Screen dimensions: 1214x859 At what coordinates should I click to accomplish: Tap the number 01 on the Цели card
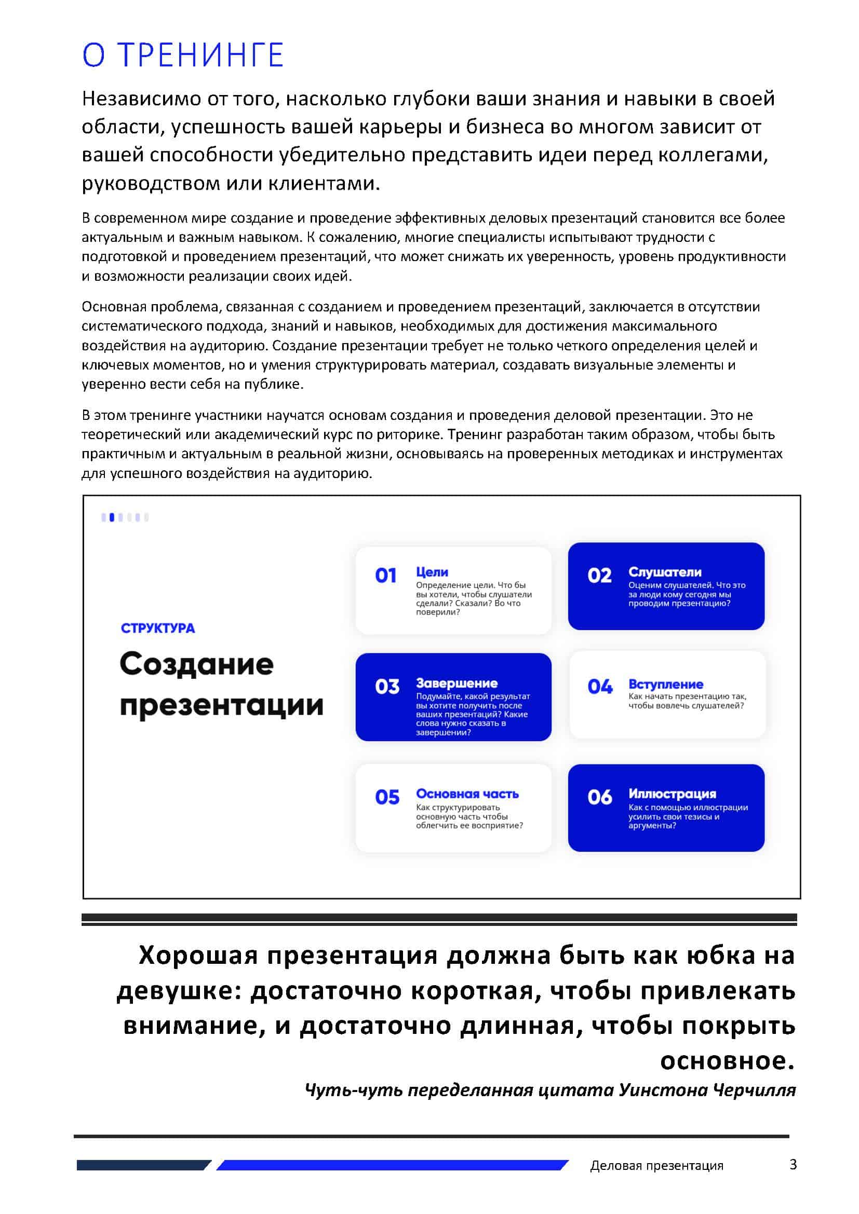point(385,575)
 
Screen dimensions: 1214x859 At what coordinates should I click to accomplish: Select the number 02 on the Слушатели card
point(599,575)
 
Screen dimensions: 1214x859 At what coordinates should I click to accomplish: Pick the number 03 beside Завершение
point(387,686)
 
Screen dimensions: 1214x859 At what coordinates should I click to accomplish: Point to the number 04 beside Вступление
point(600,686)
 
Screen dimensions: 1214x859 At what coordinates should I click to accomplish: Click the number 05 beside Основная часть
point(387,797)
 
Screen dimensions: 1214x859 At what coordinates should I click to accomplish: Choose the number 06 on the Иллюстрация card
point(599,797)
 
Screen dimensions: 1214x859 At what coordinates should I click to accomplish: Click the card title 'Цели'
point(432,572)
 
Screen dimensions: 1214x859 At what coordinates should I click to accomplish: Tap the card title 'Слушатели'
point(665,572)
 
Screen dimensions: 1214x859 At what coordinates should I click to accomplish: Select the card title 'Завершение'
point(457,683)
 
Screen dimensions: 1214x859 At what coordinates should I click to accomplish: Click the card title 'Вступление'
point(665,684)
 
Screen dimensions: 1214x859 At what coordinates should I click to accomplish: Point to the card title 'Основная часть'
point(467,794)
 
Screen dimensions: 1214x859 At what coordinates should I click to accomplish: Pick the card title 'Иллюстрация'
point(672,794)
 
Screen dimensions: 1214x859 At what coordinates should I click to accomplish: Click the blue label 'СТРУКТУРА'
point(158,628)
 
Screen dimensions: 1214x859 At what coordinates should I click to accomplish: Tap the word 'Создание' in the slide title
point(196,664)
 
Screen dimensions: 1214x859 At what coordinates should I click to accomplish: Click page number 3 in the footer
point(793,1164)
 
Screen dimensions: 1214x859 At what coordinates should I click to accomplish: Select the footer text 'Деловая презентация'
point(656,1165)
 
